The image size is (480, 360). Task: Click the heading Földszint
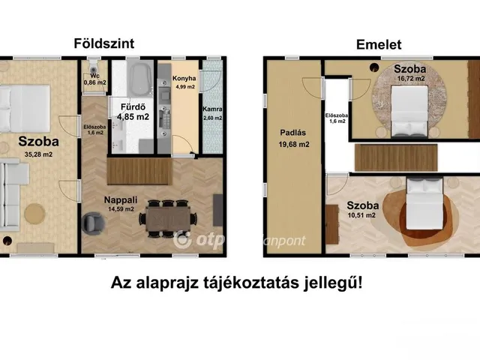click(x=103, y=43)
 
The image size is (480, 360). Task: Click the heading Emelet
click(x=379, y=45)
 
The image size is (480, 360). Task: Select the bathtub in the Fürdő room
click(x=140, y=78)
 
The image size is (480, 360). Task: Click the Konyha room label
click(x=184, y=78)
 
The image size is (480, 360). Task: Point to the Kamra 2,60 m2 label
click(x=212, y=113)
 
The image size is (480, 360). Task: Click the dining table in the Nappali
click(x=168, y=218)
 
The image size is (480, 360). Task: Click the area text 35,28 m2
click(x=38, y=154)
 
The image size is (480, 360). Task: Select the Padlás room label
click(x=293, y=133)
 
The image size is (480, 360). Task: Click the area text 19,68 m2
click(x=294, y=144)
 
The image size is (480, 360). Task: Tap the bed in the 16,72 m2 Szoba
click(x=409, y=111)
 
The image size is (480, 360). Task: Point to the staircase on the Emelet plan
click(x=396, y=157)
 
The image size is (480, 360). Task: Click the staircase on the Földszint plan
click(x=139, y=171)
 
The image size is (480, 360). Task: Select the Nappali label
click(x=121, y=200)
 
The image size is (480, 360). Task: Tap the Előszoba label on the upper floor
click(x=337, y=118)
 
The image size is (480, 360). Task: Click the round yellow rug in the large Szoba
click(x=35, y=213)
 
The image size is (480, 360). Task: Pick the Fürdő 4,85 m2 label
click(x=133, y=112)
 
